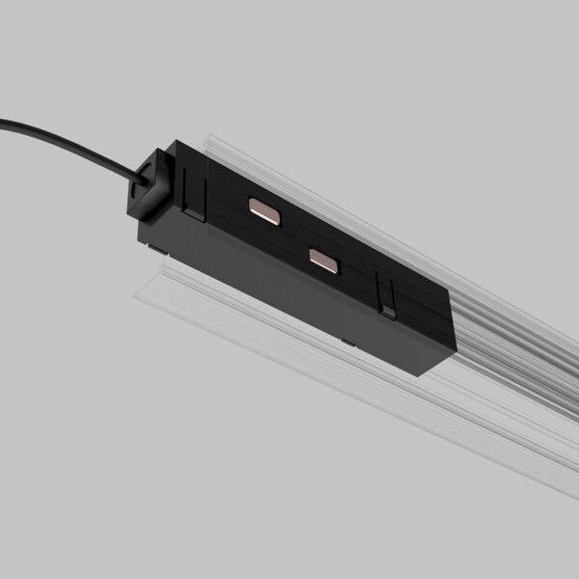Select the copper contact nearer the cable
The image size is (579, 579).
pos(263,209)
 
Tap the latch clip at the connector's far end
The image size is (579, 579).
pos(388,300)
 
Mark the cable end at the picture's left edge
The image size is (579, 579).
pos(4,123)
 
